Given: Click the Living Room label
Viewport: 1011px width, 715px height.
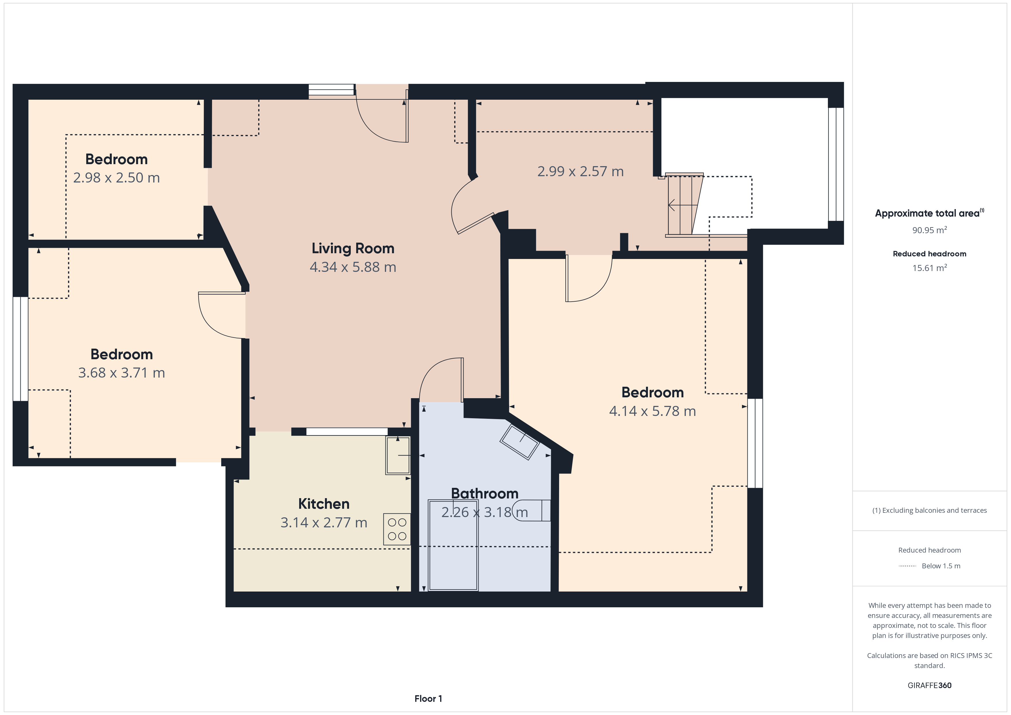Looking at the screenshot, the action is tap(353, 248).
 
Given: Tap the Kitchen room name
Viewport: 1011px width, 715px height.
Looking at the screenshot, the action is tap(324, 504).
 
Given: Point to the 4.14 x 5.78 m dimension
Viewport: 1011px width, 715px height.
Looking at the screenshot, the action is tap(652, 411).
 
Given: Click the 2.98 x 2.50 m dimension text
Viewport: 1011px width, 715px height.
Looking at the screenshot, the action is tap(116, 178).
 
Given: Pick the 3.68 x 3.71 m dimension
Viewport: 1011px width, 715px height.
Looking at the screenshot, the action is tap(122, 373).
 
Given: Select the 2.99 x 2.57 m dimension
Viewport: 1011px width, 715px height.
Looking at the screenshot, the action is tap(580, 171).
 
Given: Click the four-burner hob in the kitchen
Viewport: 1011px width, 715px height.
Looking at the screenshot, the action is tap(397, 529).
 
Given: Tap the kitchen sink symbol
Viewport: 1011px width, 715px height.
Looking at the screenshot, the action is tap(398, 455).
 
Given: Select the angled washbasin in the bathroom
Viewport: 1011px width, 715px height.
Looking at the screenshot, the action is tap(520, 442).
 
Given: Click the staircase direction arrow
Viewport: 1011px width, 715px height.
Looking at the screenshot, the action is tap(683, 205).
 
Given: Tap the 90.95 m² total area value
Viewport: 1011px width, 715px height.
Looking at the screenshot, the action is tap(930, 230).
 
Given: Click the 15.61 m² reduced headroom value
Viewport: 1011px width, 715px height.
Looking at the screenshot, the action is tap(930, 268).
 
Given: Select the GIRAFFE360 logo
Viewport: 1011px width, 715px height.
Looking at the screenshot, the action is tap(930, 685).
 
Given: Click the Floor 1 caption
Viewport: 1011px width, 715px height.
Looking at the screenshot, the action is tap(428, 698).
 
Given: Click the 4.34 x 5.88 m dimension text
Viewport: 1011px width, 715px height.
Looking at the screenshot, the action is tap(353, 267).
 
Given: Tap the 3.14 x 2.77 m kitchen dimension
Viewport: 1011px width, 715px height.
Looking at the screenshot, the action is tap(324, 522).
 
